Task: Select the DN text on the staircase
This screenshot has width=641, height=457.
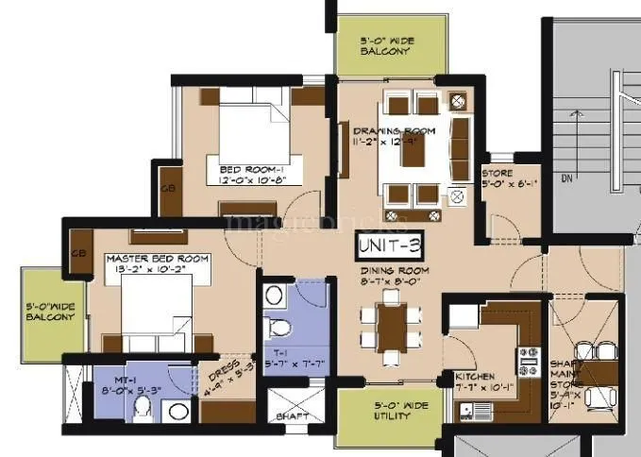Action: (x=565, y=177)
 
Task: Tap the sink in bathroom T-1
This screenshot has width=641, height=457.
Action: (x=274, y=296)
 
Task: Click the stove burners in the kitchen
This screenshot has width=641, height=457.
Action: (x=526, y=358)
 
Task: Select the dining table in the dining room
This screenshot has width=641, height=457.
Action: (x=389, y=323)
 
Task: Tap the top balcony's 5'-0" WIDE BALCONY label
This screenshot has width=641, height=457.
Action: (x=386, y=46)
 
